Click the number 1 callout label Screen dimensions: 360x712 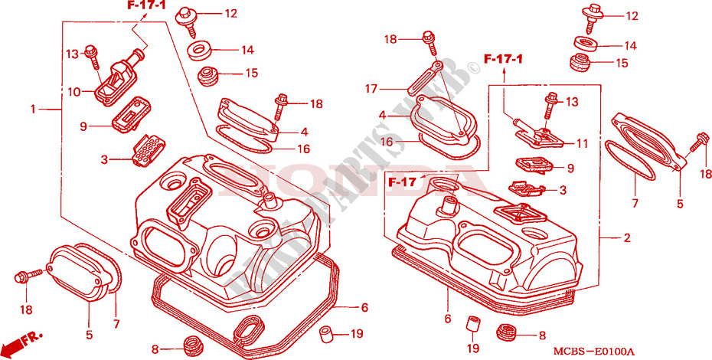pos(33,110)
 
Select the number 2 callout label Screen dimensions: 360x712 pos(626,239)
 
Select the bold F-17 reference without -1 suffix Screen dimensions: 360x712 pos(403,182)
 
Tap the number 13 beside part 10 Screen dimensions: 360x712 pos(72,53)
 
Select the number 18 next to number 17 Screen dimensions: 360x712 pos(390,38)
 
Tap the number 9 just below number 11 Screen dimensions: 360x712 pos(570,168)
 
